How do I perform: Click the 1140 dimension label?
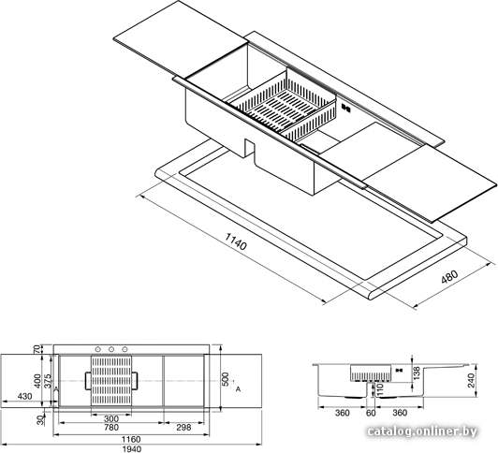click(236, 241)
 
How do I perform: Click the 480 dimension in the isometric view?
click(449, 277)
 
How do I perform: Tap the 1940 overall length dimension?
click(131, 449)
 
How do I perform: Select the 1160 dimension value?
click(131, 439)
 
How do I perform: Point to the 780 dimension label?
click(111, 428)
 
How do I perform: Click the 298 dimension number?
click(183, 428)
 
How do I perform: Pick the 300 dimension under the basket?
click(111, 418)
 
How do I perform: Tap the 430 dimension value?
click(24, 396)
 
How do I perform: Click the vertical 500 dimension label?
click(225, 380)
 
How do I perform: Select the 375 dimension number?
click(48, 382)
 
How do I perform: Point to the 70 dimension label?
click(37, 349)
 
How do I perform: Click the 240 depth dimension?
click(472, 380)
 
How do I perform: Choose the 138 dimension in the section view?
click(417, 373)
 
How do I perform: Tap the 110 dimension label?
click(380, 389)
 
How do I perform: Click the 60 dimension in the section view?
click(371, 413)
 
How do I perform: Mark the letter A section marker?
click(238, 388)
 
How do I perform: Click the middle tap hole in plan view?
click(111, 349)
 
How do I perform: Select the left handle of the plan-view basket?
click(88, 381)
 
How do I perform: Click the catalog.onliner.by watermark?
click(422, 431)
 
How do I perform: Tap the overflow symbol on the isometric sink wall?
click(345, 108)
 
